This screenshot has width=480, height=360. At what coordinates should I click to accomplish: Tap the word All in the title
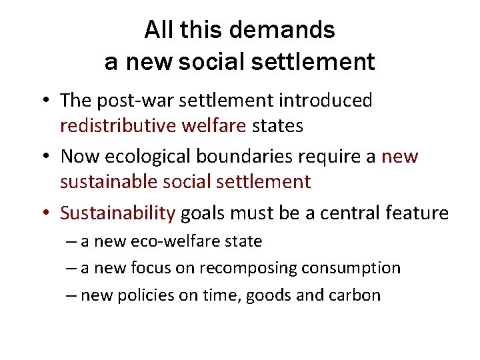[157, 29]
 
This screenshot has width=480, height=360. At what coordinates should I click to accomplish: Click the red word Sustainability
[117, 213]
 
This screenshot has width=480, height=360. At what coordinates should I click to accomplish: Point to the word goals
[203, 213]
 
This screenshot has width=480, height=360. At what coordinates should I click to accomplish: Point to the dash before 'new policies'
[71, 295]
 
